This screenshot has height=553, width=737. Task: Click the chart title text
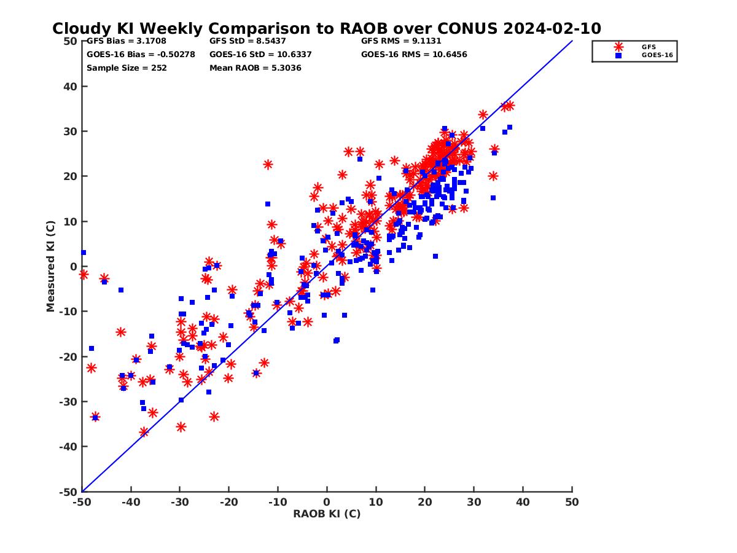pos(327,29)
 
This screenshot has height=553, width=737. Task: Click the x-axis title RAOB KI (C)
pos(327,514)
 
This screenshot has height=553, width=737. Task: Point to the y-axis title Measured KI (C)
pos(50,267)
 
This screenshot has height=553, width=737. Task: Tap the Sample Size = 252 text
pos(127,68)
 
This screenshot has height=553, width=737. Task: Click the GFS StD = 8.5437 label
pos(239,42)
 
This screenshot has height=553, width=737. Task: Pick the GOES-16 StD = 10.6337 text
pos(260,55)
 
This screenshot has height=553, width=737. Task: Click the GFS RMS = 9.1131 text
pos(401,42)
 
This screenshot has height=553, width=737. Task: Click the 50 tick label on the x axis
pos(572,503)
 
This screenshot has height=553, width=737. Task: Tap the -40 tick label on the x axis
pos(130,503)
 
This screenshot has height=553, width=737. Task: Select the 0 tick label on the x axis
pos(327,503)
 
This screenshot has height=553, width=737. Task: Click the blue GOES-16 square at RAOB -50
pos(84,253)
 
